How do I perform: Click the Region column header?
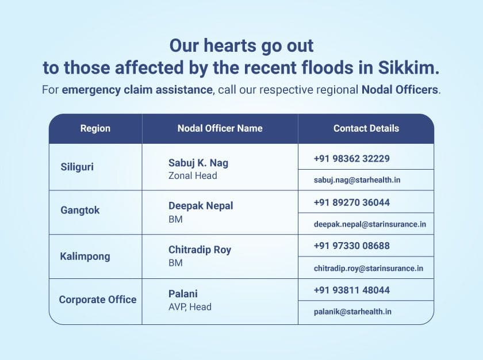coord(95,128)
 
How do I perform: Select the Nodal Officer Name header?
coord(220,128)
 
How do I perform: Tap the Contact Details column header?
coord(366,128)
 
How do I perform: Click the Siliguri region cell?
coord(77,167)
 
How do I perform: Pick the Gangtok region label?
coord(80,210)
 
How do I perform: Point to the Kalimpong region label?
coord(85,256)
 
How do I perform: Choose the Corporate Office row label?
coord(98,300)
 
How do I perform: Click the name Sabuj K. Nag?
coord(198,163)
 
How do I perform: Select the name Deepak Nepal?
coord(201,206)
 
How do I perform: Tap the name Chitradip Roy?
coord(200,250)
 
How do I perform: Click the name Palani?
coord(183,293)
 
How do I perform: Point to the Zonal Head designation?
coord(193,175)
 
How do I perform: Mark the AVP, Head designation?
coord(190,307)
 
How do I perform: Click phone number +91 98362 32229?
coord(352,159)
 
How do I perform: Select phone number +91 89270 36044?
coord(352,202)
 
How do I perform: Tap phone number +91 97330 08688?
coord(352,246)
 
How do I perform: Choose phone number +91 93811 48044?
coord(352,290)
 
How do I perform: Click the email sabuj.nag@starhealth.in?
coord(357,180)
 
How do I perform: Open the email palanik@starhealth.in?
coord(352,312)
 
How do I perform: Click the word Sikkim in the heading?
coord(408,67)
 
